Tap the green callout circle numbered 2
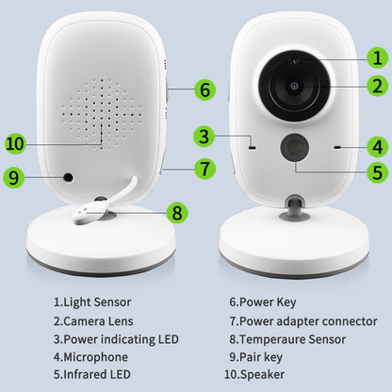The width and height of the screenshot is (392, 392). click(376, 87)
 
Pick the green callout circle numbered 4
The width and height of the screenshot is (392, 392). click(377, 146)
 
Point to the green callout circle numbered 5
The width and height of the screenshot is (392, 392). click(377, 172)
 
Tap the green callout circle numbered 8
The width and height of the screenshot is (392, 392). click(175, 212)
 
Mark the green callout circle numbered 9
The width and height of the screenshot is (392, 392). click(13, 175)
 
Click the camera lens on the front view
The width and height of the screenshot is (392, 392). click(295, 85)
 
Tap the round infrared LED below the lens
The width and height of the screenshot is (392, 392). click(295, 148)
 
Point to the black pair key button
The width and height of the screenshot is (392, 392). click(68, 177)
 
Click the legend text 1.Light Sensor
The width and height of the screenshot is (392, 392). click(92, 302)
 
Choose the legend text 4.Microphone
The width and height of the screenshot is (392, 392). click(90, 357)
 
